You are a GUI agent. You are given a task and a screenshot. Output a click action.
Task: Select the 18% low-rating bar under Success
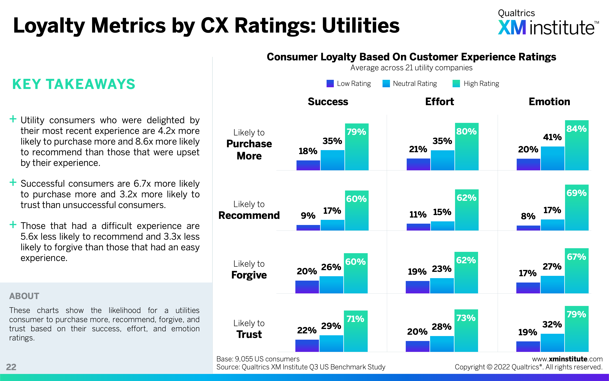click(x=308, y=165)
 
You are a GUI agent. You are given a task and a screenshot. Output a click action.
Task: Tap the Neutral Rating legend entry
click(x=409, y=83)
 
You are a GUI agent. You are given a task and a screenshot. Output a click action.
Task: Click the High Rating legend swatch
click(x=456, y=83)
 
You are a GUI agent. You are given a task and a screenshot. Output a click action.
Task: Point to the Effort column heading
click(x=439, y=102)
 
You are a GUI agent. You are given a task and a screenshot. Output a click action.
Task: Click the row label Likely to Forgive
click(x=249, y=270)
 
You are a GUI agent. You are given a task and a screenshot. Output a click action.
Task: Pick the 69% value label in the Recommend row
click(x=576, y=193)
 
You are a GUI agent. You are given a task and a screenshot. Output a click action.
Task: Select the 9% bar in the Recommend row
click(x=308, y=227)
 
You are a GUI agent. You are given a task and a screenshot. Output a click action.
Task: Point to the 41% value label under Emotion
click(x=552, y=137)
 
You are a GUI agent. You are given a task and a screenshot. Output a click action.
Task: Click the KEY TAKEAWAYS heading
click(x=74, y=84)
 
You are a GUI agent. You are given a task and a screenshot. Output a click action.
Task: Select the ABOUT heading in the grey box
click(x=24, y=296)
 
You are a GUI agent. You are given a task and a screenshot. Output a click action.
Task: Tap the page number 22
click(x=11, y=367)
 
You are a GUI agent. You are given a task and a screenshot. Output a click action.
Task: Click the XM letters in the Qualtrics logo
click(x=512, y=28)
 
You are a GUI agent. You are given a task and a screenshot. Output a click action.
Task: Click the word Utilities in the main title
click(x=361, y=26)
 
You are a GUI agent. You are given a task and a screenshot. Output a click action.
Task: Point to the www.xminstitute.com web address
click(x=567, y=359)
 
